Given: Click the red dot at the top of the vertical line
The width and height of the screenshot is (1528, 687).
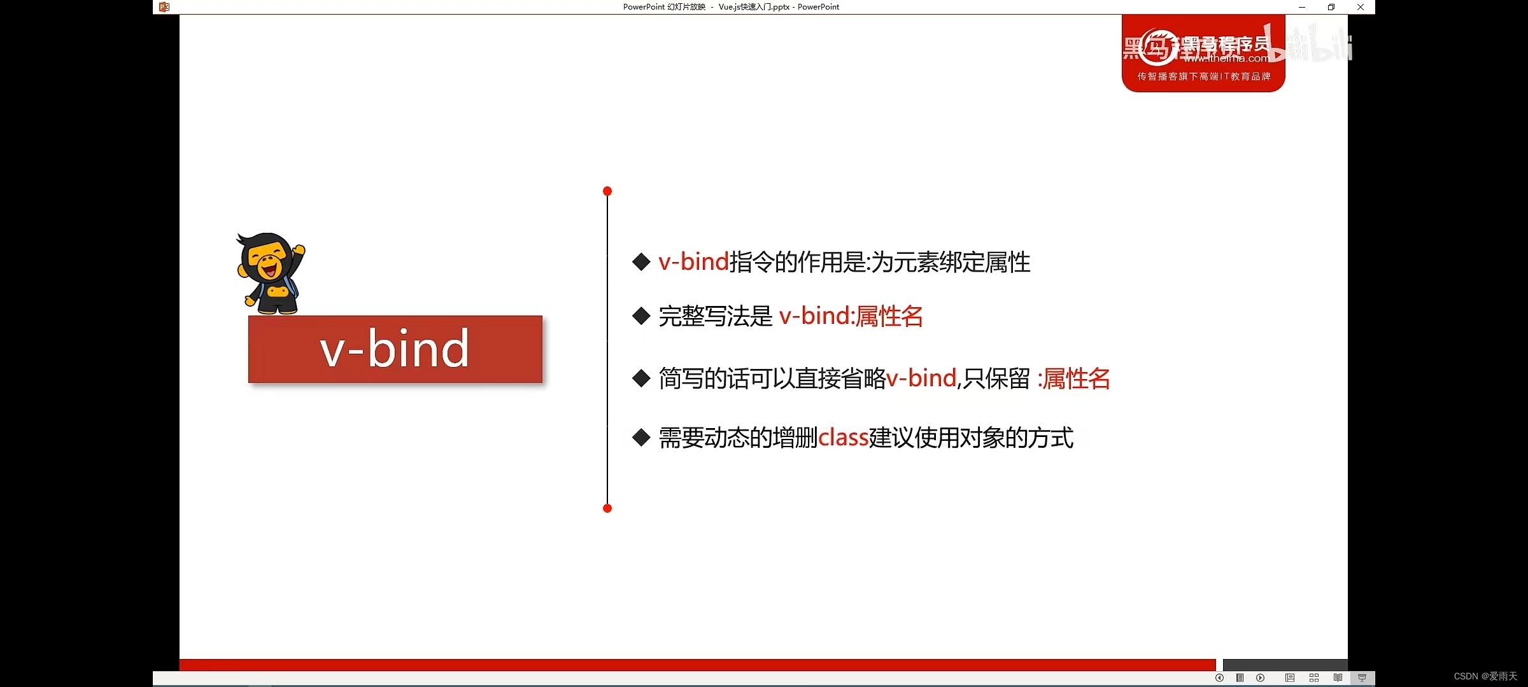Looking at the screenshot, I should (607, 191).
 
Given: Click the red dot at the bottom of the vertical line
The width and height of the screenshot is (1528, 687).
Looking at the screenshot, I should (607, 508).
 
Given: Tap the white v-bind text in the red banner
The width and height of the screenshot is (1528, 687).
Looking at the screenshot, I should (395, 349).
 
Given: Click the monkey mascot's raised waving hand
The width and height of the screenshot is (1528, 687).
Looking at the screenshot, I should (298, 250).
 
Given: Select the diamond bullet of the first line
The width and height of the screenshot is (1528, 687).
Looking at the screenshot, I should (641, 261).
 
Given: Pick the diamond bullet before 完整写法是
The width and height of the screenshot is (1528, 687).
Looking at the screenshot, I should (641, 316).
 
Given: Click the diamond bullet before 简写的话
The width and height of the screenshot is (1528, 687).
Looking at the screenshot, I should (641, 378).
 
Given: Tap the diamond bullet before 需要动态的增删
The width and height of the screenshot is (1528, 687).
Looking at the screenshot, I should (641, 438).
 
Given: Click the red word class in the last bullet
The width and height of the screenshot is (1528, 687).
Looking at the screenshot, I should (843, 438).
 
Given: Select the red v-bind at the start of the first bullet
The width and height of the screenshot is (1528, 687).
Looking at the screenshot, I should (693, 261).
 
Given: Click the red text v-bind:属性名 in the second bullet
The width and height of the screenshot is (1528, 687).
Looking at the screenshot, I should (851, 316).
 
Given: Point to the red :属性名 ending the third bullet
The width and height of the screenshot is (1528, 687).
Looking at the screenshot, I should (1073, 378).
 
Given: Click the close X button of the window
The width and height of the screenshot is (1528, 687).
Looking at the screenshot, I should (1361, 7).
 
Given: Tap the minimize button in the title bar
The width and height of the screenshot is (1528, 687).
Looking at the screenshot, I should (1302, 7).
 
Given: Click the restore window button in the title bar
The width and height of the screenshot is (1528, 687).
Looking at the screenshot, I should (1331, 7).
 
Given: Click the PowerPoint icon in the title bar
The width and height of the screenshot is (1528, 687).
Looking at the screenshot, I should (164, 7).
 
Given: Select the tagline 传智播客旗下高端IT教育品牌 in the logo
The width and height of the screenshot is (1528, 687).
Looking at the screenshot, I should (1203, 76).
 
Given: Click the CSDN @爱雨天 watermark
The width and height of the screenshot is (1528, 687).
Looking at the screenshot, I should (1485, 676).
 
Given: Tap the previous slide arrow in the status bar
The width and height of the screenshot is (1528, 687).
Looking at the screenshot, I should (1219, 678).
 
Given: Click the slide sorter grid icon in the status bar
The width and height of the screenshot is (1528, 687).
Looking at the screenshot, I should (1314, 678).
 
